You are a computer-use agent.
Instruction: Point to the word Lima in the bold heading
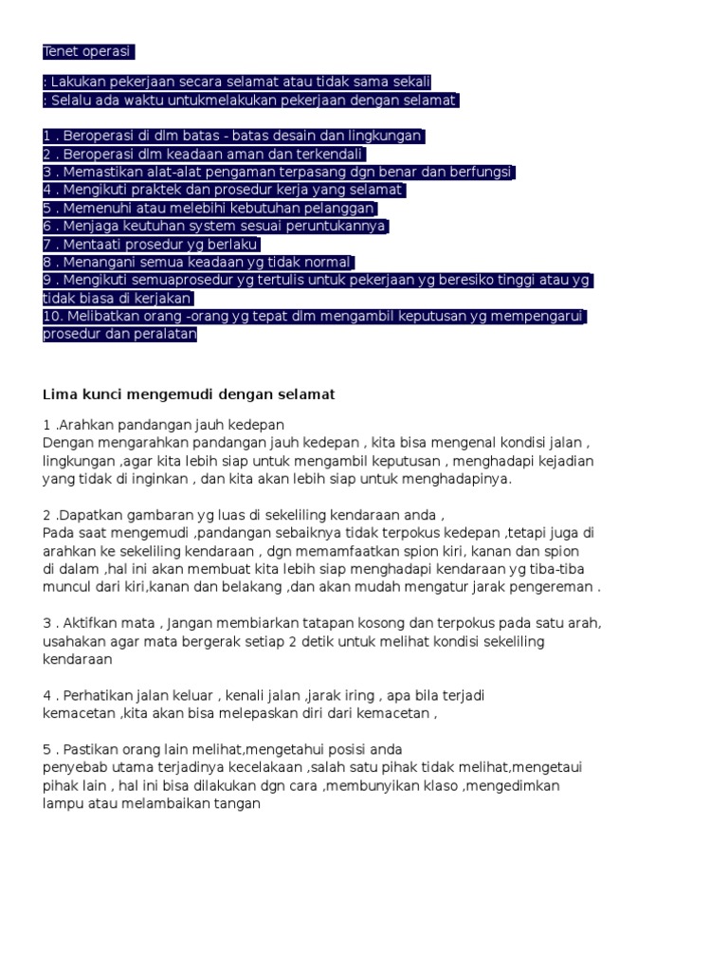59,393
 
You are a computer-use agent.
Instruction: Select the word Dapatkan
89,515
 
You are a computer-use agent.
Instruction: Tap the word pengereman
555,586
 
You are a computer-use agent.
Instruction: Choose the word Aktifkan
96,623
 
